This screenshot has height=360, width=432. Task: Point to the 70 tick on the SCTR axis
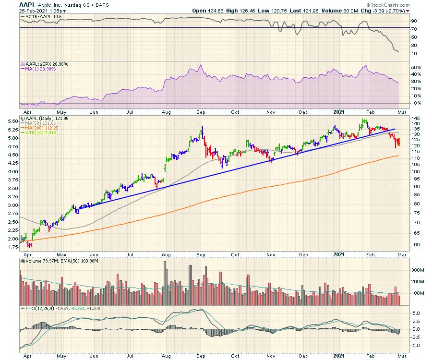[413, 29]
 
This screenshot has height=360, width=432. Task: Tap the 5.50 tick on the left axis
[13, 122]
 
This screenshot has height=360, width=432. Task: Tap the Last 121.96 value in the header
[301, 10]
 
